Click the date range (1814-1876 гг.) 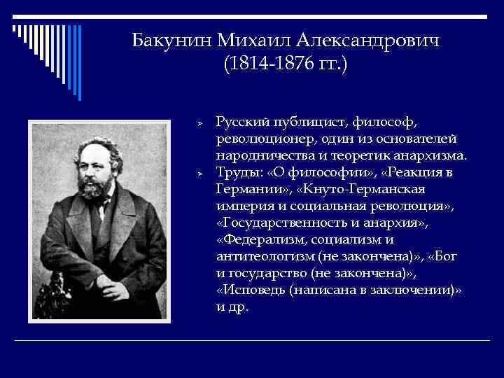tap(285, 66)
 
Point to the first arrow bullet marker tap(199, 122)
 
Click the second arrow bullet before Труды tap(199, 171)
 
